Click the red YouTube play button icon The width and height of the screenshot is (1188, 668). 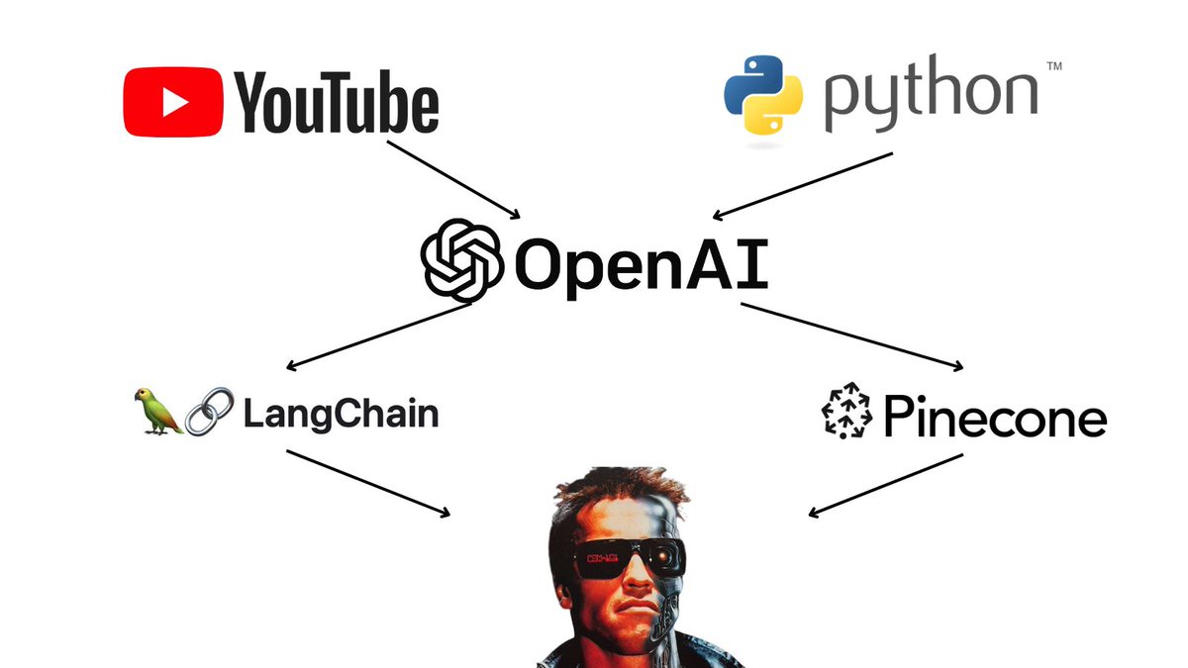[x=173, y=102]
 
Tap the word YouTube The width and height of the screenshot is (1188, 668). [x=337, y=103]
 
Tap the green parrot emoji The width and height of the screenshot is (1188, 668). [x=159, y=412]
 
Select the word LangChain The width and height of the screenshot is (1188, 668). [x=340, y=413]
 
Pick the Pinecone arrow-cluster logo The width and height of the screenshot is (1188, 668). [x=846, y=415]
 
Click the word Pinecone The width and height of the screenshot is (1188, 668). [x=994, y=417]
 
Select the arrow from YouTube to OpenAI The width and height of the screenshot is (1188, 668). [x=453, y=179]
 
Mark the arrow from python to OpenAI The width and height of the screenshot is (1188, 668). [x=803, y=185]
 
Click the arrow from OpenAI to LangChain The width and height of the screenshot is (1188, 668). [x=375, y=336]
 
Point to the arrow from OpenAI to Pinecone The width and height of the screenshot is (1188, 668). [x=851, y=336]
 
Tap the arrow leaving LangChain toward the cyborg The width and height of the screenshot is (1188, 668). [x=367, y=483]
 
